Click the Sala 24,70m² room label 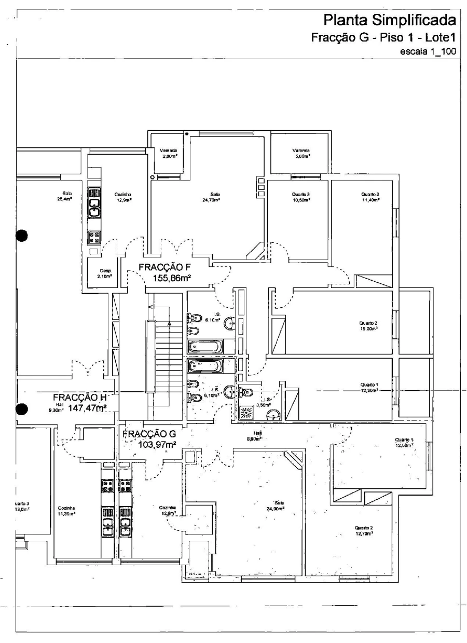[x=211, y=196]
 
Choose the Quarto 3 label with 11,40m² [x=370, y=196]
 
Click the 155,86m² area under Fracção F [x=172, y=279]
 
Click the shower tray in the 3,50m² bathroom [x=244, y=413]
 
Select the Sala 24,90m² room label [x=280, y=505]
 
